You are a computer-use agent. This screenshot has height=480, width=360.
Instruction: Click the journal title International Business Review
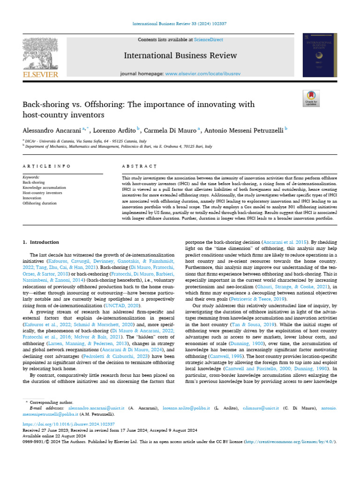180,56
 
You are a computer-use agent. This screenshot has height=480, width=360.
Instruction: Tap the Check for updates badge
311,98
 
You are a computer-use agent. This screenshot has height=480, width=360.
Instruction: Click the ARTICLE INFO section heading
47,166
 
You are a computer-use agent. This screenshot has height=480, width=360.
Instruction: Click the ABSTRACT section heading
139,166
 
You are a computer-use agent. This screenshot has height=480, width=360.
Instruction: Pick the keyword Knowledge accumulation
45,187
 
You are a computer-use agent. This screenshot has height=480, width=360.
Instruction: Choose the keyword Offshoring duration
40,203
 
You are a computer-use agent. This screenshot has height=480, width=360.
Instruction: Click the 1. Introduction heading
41,242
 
